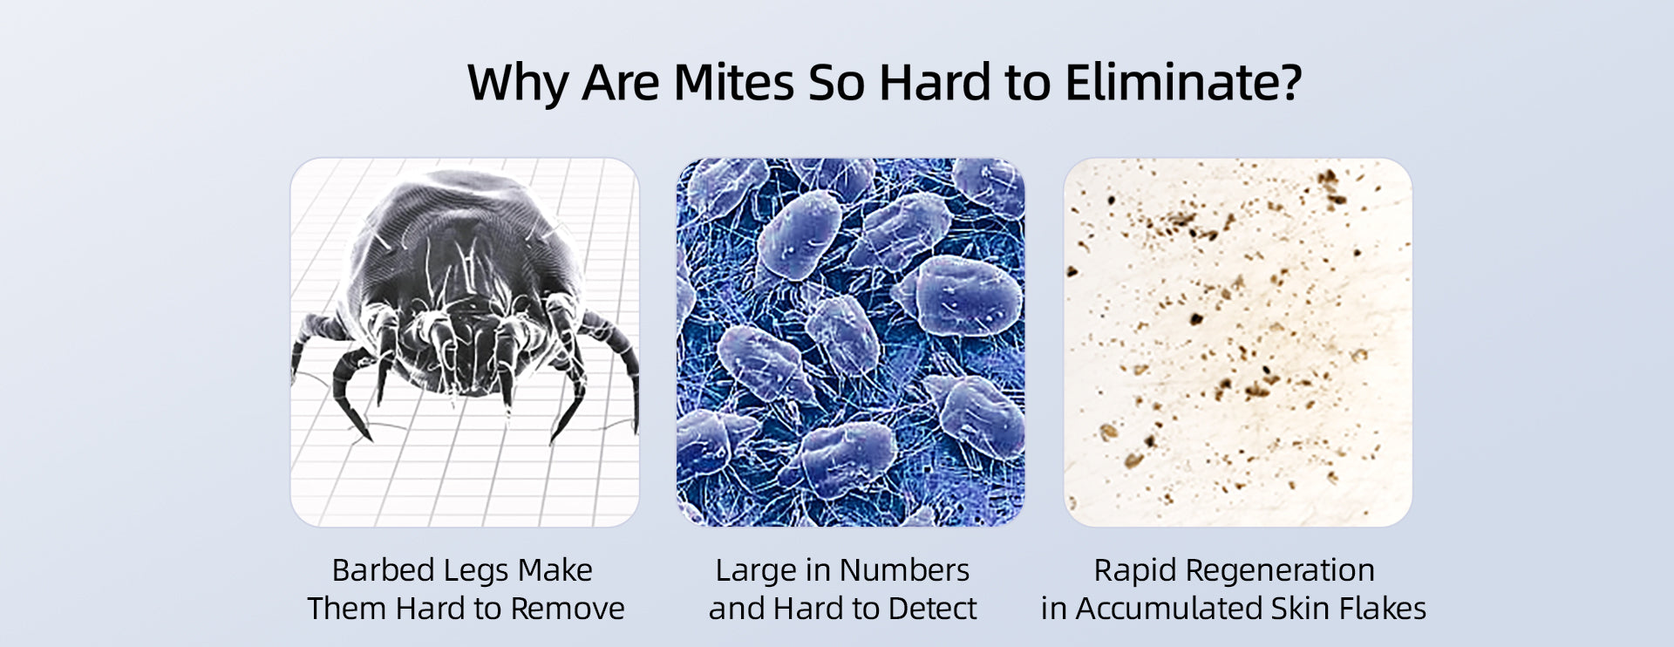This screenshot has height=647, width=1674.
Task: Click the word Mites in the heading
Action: tap(734, 83)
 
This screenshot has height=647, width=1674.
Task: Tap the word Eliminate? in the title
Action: tap(1183, 83)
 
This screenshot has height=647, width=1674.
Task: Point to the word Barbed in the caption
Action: tap(383, 570)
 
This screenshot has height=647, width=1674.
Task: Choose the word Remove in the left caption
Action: tap(567, 609)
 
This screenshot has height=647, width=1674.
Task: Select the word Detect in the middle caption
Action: tap(932, 609)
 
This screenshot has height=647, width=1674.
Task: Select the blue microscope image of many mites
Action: tap(850, 342)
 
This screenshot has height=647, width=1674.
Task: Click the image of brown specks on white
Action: tap(1237, 342)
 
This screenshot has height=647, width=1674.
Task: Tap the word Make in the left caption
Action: tap(555, 570)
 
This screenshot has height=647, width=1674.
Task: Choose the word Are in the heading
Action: tap(621, 83)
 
